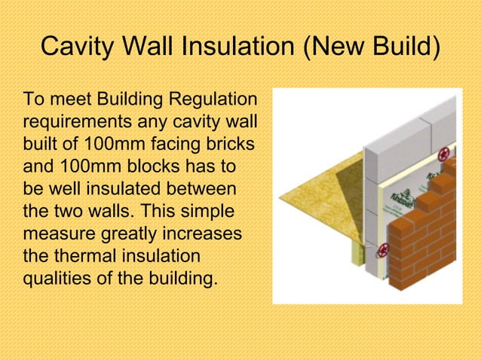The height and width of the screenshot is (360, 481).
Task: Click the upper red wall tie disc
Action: click(443, 155)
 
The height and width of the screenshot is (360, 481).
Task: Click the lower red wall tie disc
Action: click(384, 249)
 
